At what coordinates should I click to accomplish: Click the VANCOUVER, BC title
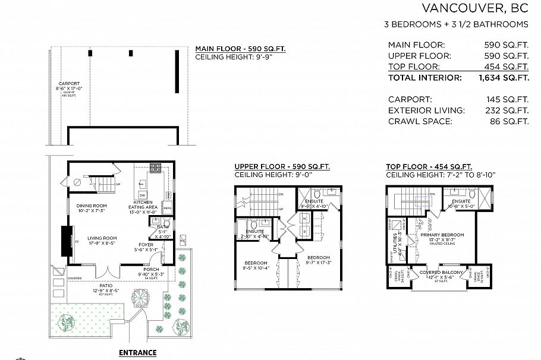click(474, 8)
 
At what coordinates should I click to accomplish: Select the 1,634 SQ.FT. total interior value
click(504, 78)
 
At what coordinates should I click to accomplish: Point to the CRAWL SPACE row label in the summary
click(420, 121)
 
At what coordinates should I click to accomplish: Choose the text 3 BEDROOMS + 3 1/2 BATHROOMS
click(457, 25)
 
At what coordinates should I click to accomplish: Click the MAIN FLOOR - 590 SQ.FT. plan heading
click(240, 49)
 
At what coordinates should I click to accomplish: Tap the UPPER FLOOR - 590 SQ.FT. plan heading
click(282, 167)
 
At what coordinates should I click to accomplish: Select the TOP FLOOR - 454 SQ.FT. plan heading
click(429, 167)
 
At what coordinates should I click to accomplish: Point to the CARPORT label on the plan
click(69, 84)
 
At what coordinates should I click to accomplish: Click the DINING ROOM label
click(91, 206)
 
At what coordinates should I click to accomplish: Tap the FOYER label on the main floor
click(146, 244)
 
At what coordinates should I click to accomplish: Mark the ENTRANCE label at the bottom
click(137, 353)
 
